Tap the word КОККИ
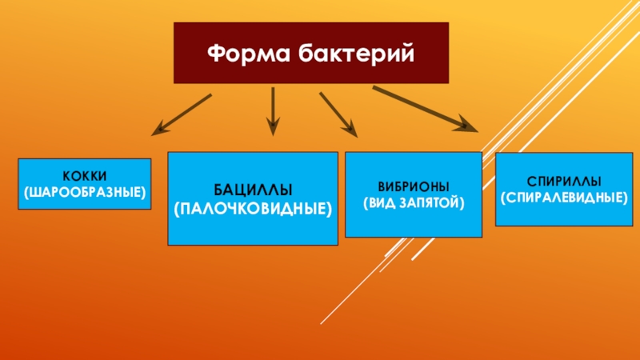tap(86, 175)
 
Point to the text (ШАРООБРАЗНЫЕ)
tap(86, 191)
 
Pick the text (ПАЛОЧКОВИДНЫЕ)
tap(253, 209)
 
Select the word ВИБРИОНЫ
tap(414, 186)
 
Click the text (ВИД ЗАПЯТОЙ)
tap(414, 202)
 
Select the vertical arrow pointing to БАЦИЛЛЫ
tap(273, 108)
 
